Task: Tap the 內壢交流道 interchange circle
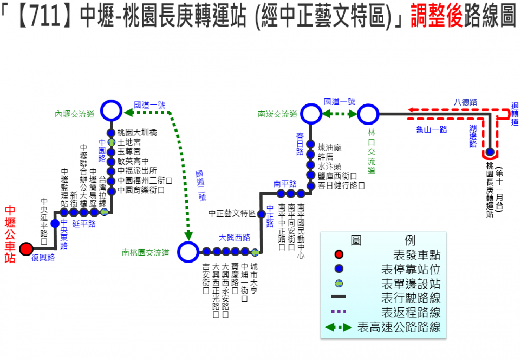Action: (111, 110)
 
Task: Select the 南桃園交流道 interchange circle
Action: (188, 251)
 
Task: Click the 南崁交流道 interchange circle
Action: (311, 114)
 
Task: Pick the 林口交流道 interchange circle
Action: (368, 114)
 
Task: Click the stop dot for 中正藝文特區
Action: (262, 214)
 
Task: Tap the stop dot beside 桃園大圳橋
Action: (111, 133)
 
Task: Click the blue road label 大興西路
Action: (235, 238)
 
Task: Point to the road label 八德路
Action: (465, 101)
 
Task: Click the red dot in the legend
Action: (339, 255)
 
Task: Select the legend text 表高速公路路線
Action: (399, 327)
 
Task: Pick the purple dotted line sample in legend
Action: (339, 311)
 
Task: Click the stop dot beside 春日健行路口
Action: (311, 186)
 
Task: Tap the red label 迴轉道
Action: (515, 114)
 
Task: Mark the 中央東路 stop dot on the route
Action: (55, 224)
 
